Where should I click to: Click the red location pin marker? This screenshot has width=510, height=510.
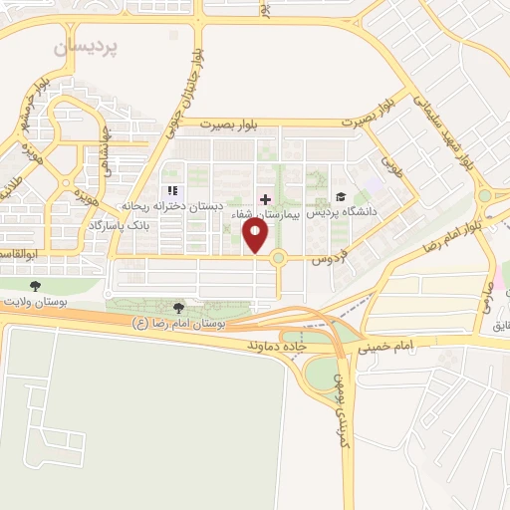256,235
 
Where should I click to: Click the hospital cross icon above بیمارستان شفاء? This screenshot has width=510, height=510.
264,198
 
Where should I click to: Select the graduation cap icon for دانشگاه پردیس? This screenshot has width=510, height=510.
342,197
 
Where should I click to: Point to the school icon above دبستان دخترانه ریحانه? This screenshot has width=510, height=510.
171,190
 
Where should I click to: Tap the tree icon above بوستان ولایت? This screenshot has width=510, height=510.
35,286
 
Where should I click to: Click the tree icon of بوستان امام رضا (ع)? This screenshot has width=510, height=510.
178,308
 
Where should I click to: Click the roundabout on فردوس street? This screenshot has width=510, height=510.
278,258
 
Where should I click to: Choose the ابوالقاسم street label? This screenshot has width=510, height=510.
18,256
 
